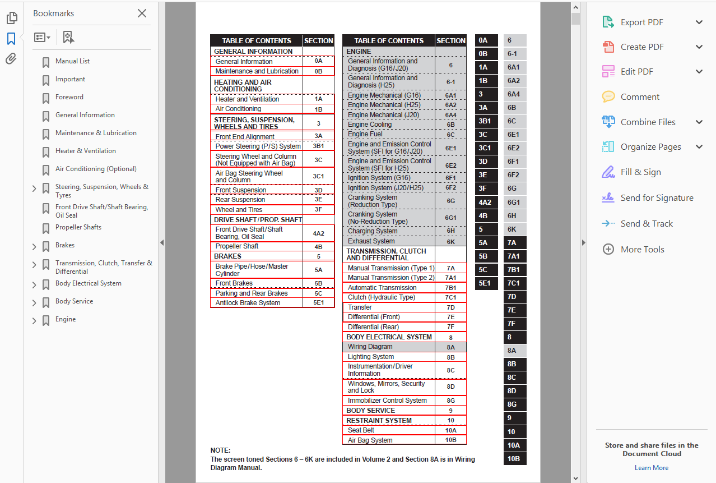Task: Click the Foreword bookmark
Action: [x=69, y=97]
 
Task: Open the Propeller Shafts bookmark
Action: [x=78, y=227]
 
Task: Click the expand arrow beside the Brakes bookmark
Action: [x=34, y=246]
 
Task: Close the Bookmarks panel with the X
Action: [x=142, y=13]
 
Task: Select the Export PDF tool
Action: [x=641, y=22]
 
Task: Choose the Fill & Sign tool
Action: [x=640, y=172]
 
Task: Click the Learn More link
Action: [x=651, y=468]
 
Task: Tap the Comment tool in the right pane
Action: [x=640, y=97]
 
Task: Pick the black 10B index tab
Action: [x=514, y=458]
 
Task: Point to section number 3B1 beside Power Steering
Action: [x=318, y=146]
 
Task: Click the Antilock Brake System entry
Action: [x=248, y=303]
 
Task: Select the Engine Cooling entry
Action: [x=369, y=125]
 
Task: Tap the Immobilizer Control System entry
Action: [x=387, y=401]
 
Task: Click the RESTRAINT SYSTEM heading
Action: [x=379, y=421]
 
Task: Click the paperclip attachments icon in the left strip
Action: [x=11, y=59]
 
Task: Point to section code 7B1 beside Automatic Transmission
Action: [x=450, y=288]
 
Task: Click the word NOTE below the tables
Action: [x=220, y=450]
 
